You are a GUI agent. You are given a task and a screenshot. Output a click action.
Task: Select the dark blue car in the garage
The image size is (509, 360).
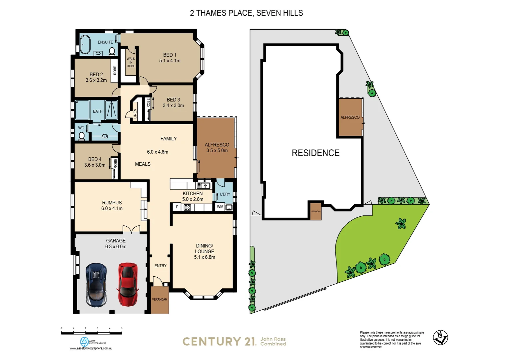[x=96, y=285]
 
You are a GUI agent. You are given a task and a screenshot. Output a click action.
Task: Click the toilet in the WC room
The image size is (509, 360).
[x=82, y=136]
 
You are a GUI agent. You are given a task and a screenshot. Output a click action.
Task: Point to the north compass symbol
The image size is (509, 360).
[x=440, y=337]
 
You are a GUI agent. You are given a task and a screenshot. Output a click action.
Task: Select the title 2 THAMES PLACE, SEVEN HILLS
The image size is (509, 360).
[x=246, y=13]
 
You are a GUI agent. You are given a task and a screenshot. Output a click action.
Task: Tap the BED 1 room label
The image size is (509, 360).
[x=170, y=55]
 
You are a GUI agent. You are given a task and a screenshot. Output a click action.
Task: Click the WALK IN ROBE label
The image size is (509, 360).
[x=131, y=62]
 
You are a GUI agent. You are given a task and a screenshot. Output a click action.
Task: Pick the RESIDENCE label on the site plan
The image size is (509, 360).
[x=315, y=153]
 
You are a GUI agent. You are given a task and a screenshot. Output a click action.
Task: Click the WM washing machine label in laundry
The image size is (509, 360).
[x=220, y=207]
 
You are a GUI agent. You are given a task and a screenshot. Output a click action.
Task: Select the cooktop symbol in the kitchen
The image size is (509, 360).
[x=187, y=207]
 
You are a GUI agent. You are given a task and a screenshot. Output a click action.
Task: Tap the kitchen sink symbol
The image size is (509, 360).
[x=203, y=186]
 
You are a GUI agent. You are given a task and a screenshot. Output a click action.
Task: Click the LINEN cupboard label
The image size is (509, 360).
[x=135, y=114]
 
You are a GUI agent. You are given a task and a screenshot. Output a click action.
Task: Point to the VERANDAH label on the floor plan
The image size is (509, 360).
[x=160, y=299]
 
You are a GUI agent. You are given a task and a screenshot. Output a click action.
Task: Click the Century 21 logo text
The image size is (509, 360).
[x=219, y=342]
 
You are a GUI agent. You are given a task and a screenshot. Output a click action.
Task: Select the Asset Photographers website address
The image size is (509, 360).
[x=91, y=348]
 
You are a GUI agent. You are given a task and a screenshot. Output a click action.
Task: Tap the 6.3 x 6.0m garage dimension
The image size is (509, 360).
[x=116, y=247]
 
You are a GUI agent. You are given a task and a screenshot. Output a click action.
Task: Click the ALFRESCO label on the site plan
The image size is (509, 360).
[x=350, y=117]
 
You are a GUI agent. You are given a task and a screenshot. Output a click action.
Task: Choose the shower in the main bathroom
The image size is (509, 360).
[x=112, y=109]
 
